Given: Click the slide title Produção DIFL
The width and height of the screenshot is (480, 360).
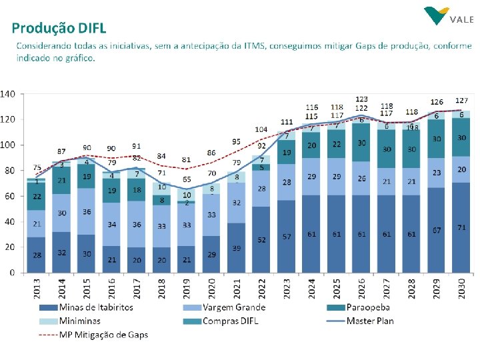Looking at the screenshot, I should pos(59,28).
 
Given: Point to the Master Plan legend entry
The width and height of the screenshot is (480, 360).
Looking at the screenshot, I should pos(370,321).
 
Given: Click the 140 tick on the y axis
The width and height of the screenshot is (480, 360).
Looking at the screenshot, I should pos(7,94).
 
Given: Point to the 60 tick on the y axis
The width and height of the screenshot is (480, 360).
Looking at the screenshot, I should pos(10,197).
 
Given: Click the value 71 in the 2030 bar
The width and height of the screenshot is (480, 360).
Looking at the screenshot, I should pos(461,228).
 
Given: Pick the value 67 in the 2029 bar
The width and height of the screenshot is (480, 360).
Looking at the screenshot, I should pos(437,231).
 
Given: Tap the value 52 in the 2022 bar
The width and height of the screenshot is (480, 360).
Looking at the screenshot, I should pos(261,240).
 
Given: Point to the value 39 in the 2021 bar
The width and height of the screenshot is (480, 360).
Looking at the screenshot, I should pos(237,248).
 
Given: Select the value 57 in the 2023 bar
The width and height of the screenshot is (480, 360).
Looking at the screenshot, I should pos(287,237).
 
